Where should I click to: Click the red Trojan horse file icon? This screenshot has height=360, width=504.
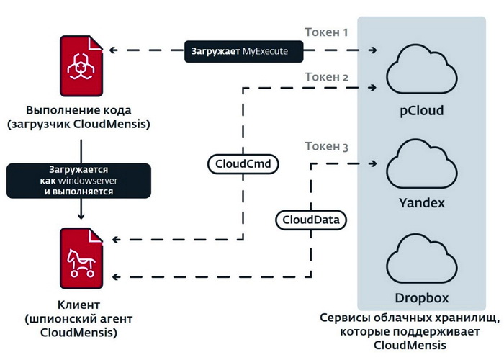click(79, 257)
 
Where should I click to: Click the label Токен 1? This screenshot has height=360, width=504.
click(326, 32)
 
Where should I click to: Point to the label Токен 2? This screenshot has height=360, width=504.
click(326, 76)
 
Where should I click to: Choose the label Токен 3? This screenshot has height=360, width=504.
click(326, 147)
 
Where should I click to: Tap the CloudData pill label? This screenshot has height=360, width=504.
click(312, 218)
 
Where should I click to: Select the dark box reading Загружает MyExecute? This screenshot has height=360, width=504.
click(243, 51)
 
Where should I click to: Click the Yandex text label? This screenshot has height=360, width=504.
click(421, 203)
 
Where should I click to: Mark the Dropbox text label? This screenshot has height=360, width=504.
click(421, 297)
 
